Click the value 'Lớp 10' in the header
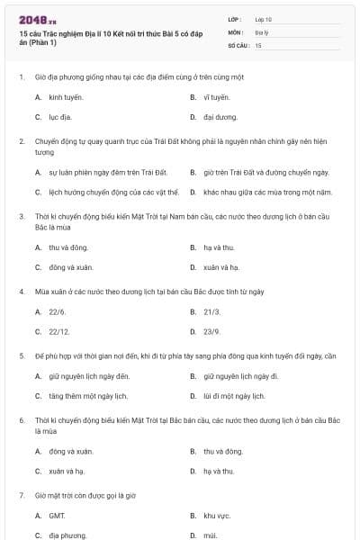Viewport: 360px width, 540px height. pyautogui.click(x=264, y=19)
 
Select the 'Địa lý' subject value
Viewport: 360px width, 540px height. pyautogui.click(x=262, y=31)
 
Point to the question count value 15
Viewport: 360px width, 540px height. pyautogui.click(x=258, y=44)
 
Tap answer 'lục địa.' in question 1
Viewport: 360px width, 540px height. pyautogui.click(x=60, y=117)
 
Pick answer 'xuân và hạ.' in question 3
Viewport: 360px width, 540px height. pyautogui.click(x=221, y=267)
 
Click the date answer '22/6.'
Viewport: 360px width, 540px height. pyautogui.click(x=58, y=311)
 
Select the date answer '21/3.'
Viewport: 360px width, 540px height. pyautogui.click(x=212, y=311)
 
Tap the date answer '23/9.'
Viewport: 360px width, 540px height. pyautogui.click(x=212, y=332)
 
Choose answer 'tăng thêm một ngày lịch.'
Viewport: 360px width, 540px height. pyautogui.click(x=88, y=396)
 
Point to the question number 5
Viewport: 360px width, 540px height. pyautogui.click(x=22, y=355)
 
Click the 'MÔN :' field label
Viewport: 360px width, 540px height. pyautogui.click(x=236, y=31)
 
